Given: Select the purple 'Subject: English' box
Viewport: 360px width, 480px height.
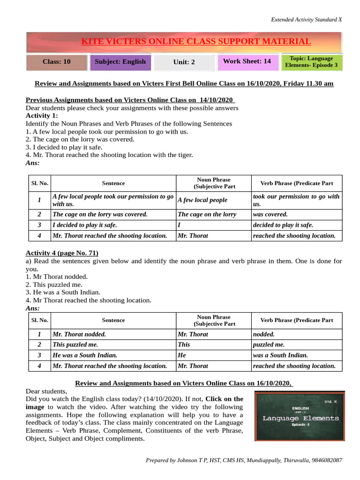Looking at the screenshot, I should coord(120,62).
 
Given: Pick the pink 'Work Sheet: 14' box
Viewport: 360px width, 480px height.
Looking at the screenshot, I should coord(247,61).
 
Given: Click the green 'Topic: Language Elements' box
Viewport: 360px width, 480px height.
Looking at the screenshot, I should coord(311,62).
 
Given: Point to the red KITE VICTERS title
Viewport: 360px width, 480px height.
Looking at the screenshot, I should coord(196,42).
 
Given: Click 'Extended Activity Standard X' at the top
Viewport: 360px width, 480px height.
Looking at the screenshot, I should coord(307,20).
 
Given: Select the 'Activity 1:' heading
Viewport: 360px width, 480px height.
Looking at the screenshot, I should coord(42,115).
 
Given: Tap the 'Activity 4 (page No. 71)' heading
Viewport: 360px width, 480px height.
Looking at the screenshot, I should coord(62,253).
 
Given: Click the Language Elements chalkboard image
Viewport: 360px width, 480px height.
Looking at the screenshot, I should coord(300,415).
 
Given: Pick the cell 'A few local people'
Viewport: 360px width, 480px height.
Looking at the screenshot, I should coord(202,200).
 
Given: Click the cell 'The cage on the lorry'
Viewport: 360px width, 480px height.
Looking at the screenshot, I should coord(207,214).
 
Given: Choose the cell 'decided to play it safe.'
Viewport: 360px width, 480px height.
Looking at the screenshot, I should coord(283,225).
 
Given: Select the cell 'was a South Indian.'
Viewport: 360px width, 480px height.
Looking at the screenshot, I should coord(280,355).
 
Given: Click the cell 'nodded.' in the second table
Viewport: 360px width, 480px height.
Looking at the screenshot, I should coord(263,334).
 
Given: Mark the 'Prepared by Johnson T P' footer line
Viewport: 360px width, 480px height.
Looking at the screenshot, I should coord(244,461).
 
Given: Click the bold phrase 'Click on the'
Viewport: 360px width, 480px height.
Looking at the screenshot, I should coord(224,399).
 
